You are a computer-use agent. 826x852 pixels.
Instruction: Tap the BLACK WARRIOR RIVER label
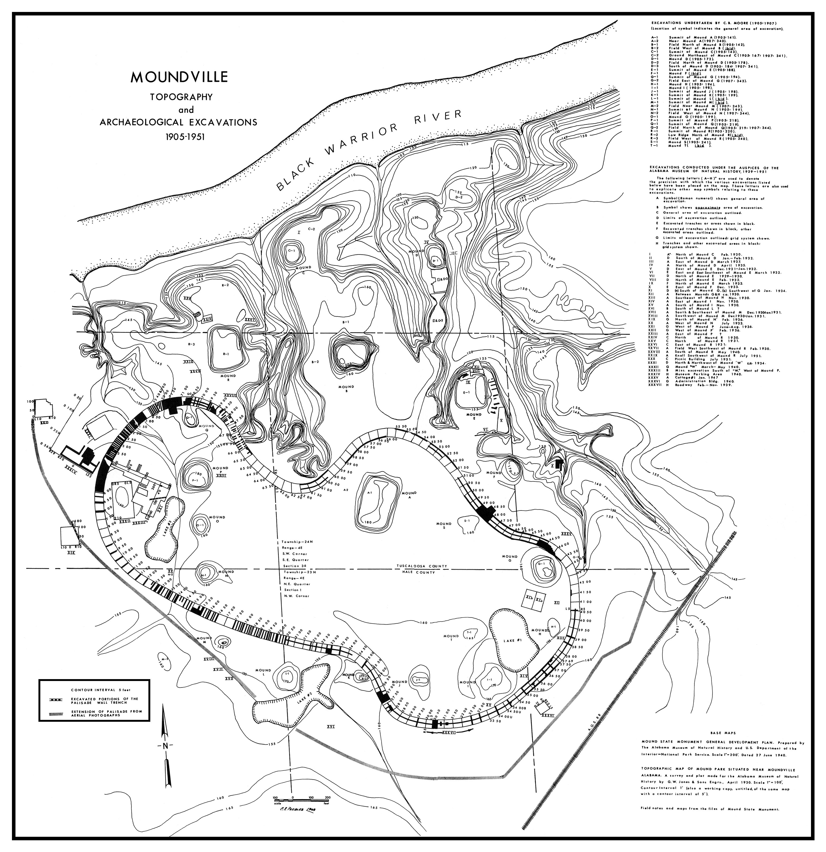coord(369,150)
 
